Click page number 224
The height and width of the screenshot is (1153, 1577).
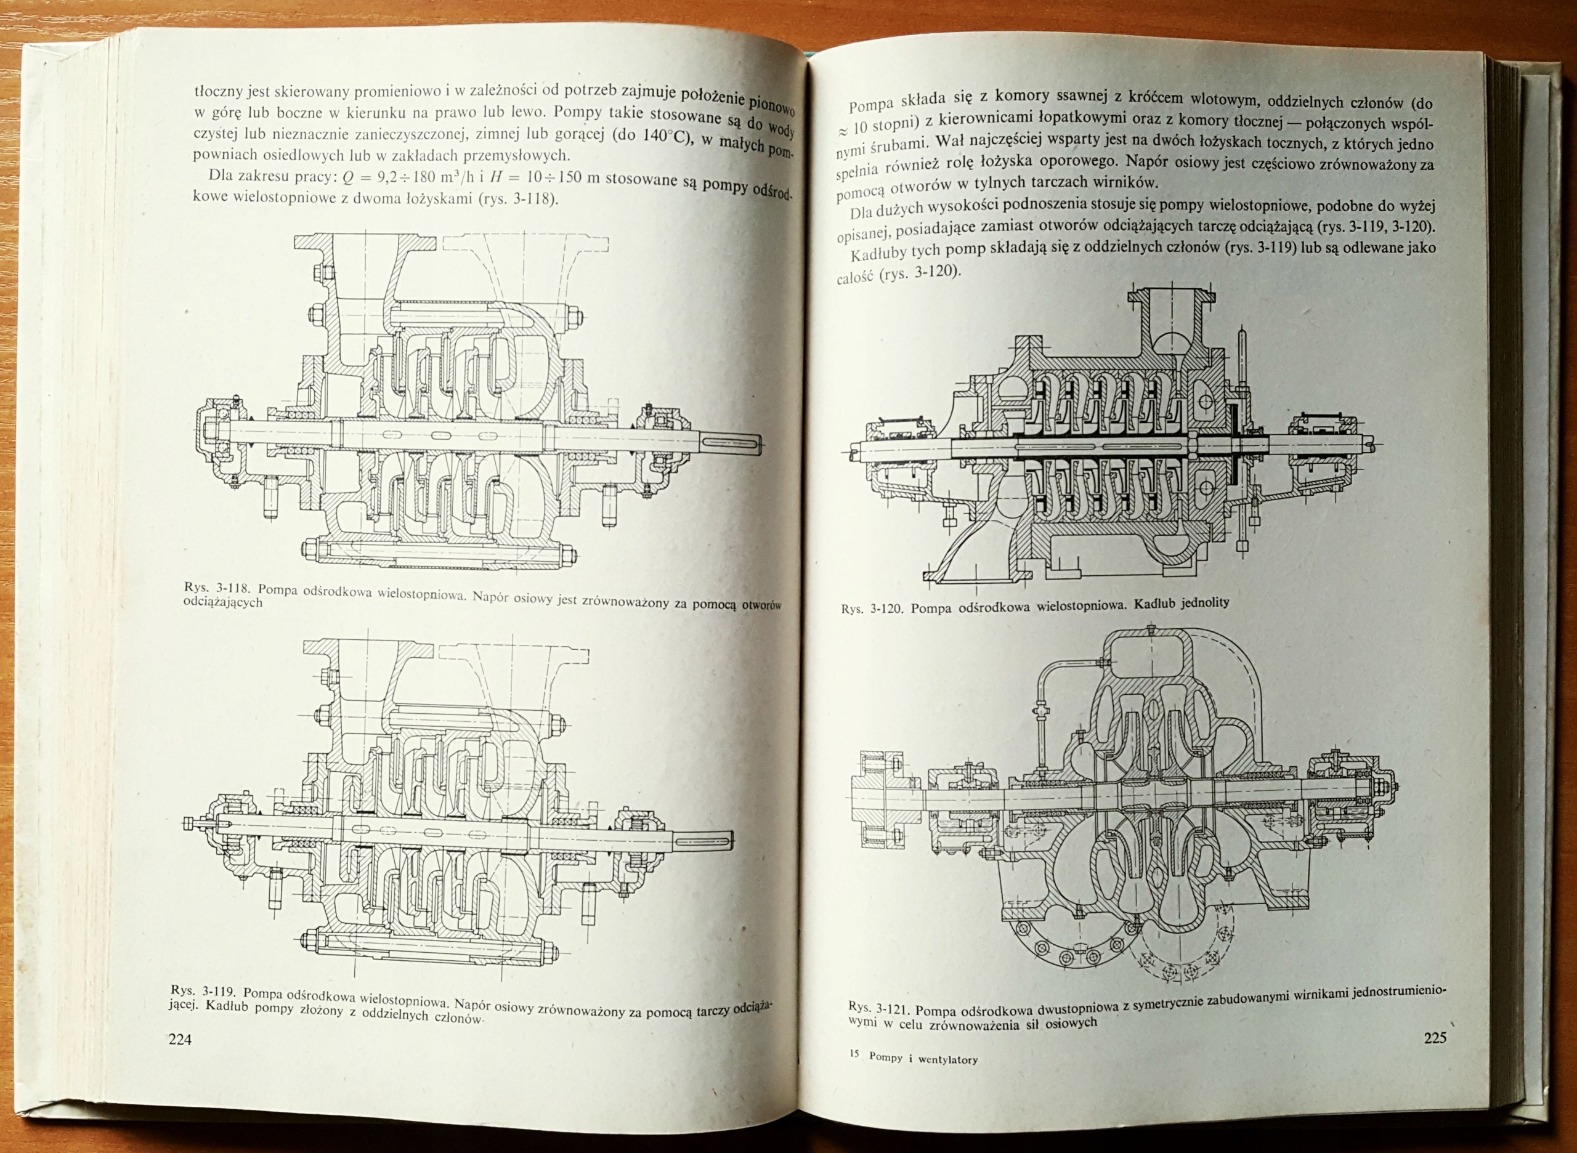(180, 1039)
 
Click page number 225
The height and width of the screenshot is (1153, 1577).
(1435, 1037)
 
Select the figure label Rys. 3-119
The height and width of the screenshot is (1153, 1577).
(205, 992)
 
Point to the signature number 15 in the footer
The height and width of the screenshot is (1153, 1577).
(853, 1054)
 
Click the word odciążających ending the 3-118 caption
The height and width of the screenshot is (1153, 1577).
(223, 602)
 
